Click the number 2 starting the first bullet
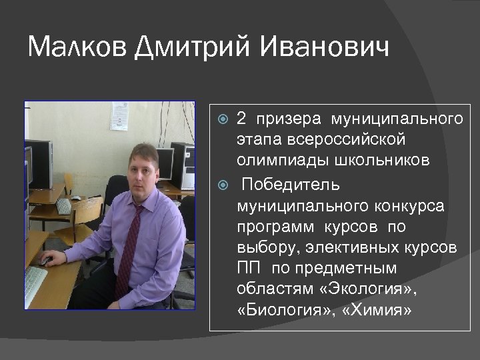pos(242,119)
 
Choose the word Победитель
pos(291,183)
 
